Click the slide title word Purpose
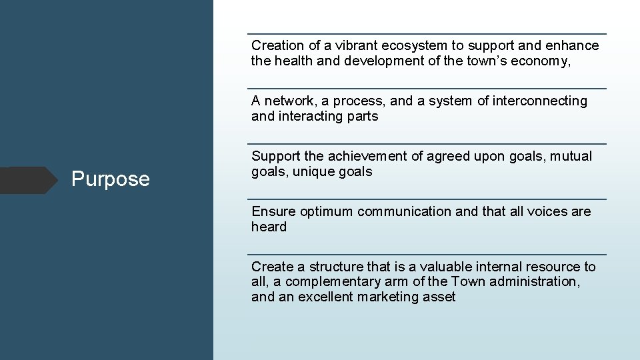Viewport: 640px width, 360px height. click(x=111, y=179)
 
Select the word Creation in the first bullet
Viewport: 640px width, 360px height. click(x=277, y=45)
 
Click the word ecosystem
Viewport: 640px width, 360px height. click(x=413, y=45)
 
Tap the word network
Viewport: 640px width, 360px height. click(x=289, y=101)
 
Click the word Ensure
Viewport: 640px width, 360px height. click(x=273, y=211)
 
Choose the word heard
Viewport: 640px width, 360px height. click(x=269, y=227)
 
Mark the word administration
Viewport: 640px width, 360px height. click(x=533, y=281)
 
